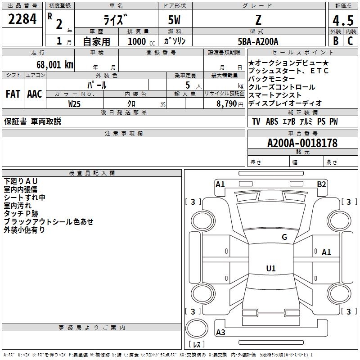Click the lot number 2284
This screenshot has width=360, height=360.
coord(22,20)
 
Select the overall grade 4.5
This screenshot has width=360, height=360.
coord(342,20)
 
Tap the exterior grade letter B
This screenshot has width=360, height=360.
coord(335,41)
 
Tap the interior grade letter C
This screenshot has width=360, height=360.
coord(350,41)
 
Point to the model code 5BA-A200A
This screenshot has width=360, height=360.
coord(258,41)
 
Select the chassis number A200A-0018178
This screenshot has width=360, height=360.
coord(302,143)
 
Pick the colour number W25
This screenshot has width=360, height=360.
coord(75,103)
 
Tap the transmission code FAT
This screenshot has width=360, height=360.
coord(13,94)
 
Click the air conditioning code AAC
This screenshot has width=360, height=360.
coord(34,94)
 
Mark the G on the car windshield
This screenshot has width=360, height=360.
coord(284,237)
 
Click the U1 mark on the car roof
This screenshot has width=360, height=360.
coord(270,269)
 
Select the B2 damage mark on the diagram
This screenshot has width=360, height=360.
coord(321,184)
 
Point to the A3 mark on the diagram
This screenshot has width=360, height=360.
coord(220,333)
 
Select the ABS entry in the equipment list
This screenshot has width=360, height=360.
coord(272,121)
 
